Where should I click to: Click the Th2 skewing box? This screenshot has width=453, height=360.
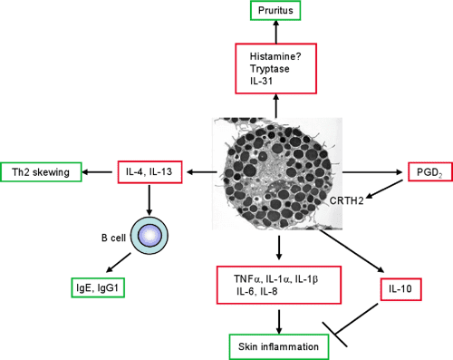[x=43, y=171]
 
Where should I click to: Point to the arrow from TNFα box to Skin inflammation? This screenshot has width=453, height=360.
[x=280, y=320]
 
